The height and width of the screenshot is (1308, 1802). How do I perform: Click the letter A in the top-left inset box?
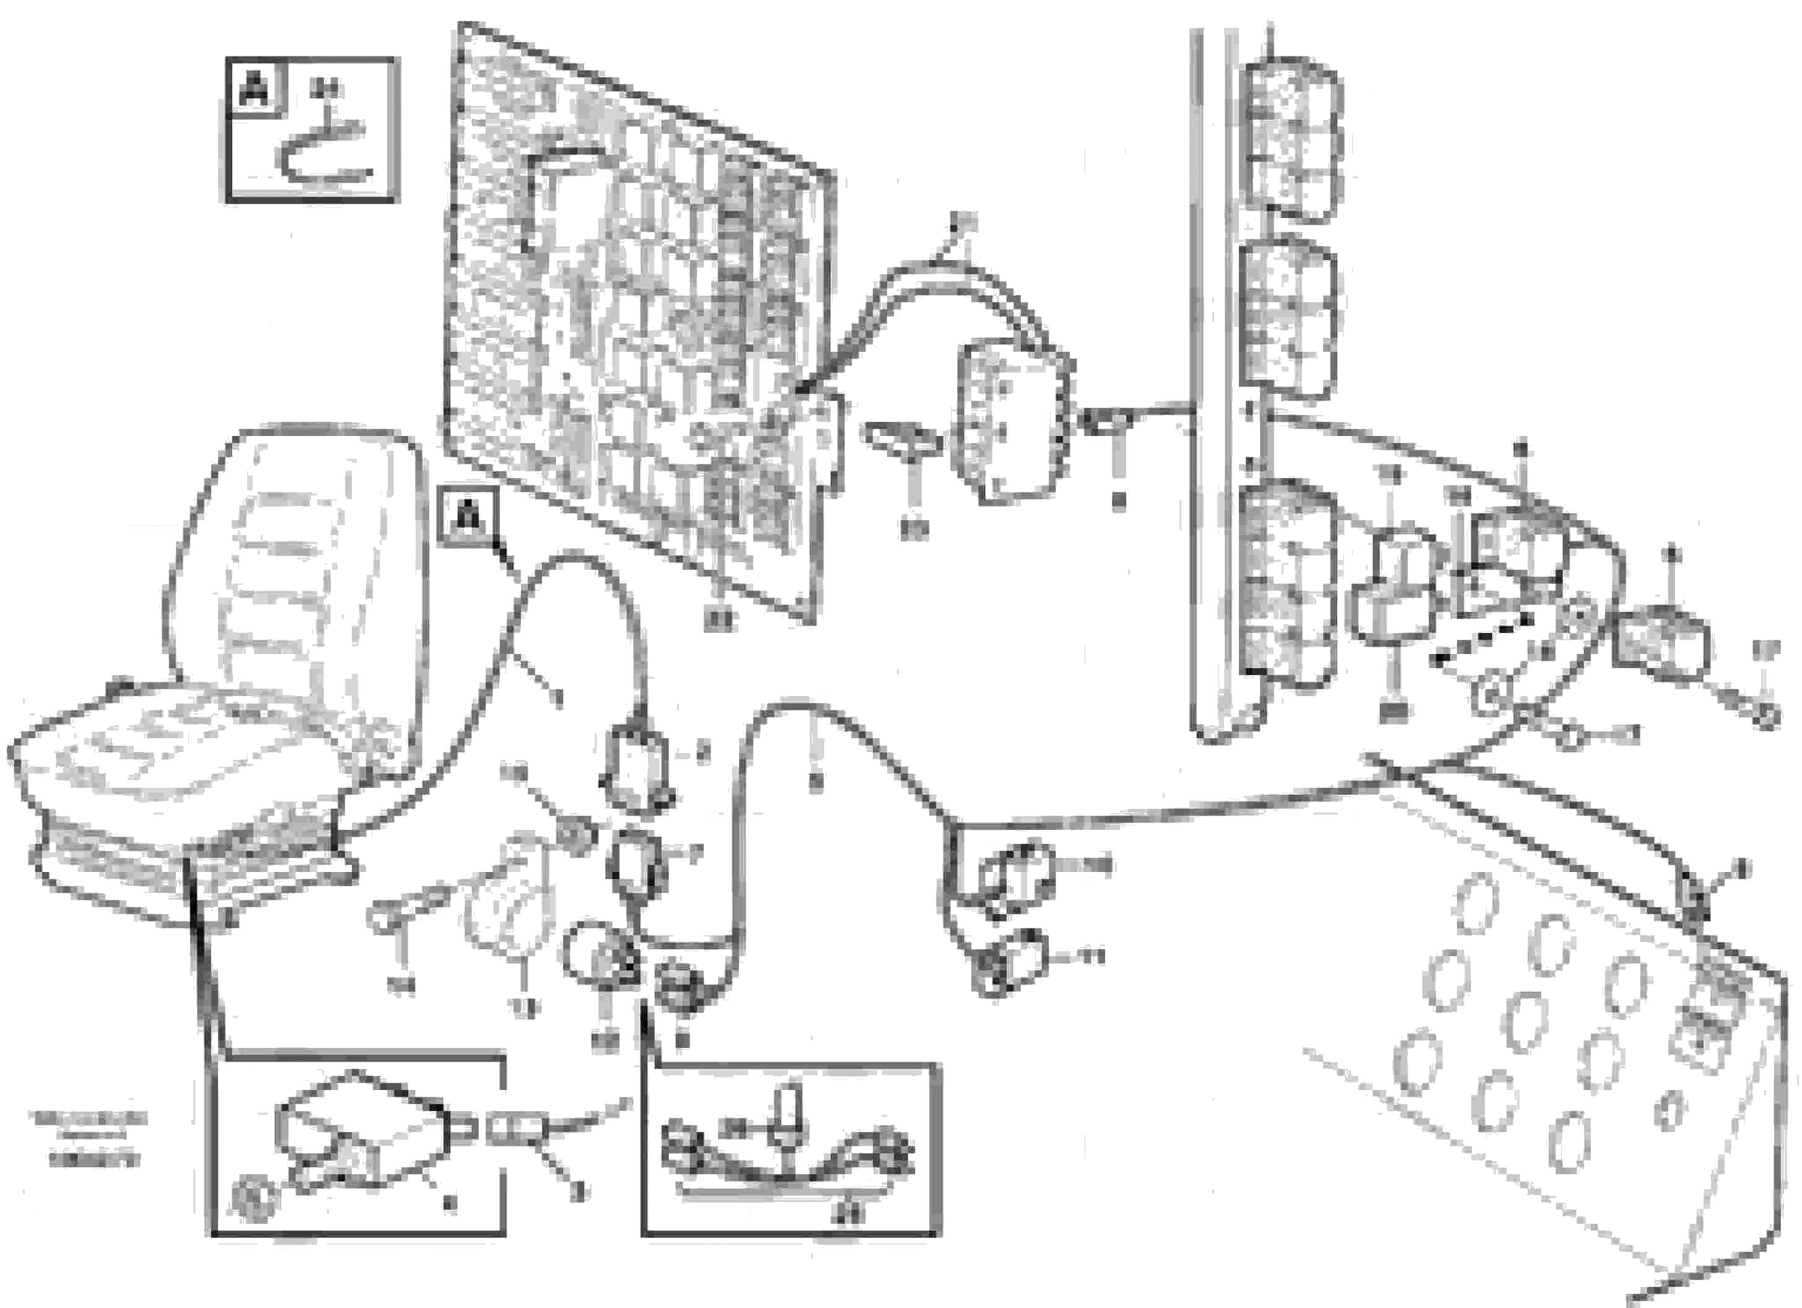pos(255,88)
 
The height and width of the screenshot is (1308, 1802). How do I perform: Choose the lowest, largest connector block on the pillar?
pos(1283,584)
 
